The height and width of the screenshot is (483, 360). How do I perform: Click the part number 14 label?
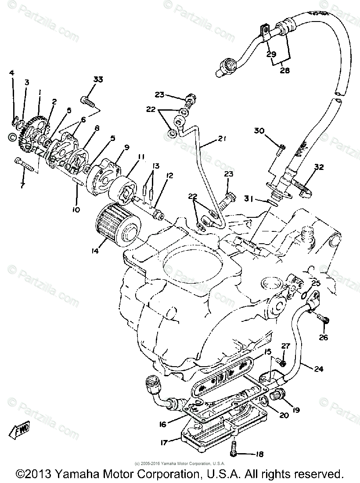pos(95,252)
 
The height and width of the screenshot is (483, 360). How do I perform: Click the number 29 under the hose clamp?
pos(271,54)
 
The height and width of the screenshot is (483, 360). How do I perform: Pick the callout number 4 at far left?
pos(12,72)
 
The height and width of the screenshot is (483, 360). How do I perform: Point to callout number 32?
pos(319,167)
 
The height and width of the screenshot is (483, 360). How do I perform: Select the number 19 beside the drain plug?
pos(296,410)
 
